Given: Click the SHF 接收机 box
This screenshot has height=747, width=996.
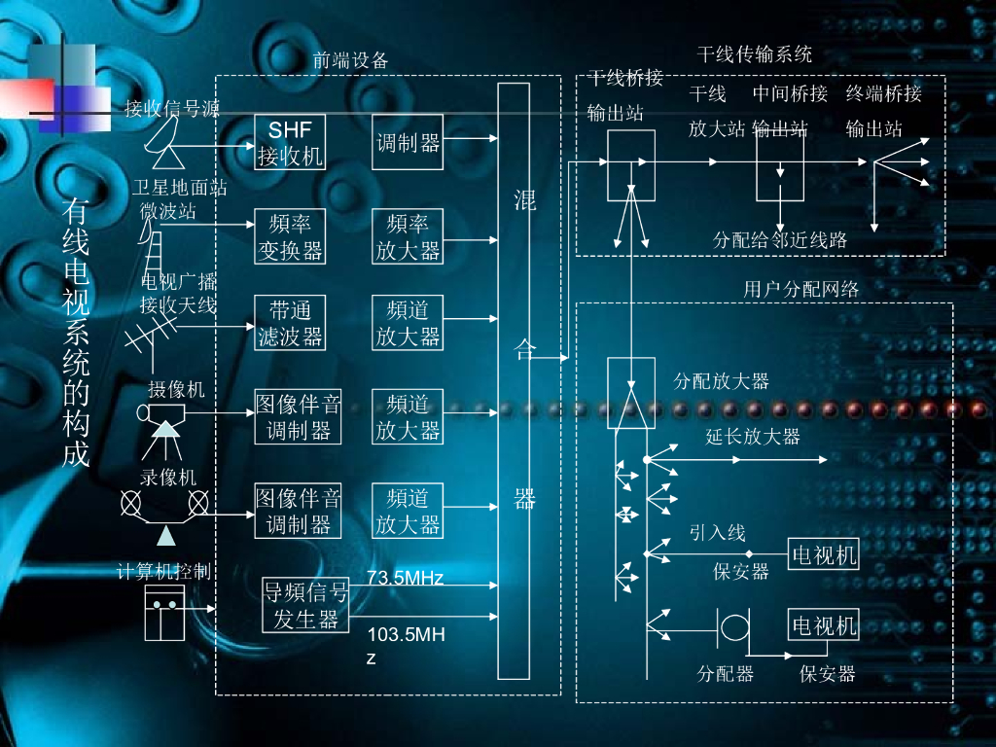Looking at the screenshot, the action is tap(290, 143).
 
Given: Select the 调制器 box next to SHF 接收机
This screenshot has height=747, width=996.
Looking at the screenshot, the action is tap(408, 143).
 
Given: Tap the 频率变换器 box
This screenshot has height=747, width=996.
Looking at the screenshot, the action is tap(290, 236).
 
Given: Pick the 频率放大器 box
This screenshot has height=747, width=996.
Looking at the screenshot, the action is tap(408, 236).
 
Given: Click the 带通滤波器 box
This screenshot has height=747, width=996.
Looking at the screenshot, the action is tap(290, 323).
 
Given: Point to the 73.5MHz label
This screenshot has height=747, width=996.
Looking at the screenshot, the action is tap(405, 578).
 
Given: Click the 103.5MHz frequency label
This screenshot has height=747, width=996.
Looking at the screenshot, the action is tap(406, 646).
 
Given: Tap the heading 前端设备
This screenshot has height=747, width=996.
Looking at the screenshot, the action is tap(350, 60).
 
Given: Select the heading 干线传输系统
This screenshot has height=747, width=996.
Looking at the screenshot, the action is tap(755, 53).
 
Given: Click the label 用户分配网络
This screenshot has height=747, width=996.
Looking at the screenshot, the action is tap(801, 288).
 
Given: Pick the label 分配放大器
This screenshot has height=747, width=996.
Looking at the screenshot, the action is tap(722, 380).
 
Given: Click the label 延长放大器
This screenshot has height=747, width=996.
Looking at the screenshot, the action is tap(753, 437).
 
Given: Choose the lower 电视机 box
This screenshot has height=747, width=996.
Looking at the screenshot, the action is tap(824, 624).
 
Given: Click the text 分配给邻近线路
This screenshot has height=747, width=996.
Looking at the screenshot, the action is tap(780, 240).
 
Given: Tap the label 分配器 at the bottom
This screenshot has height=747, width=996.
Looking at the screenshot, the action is tap(726, 673).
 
